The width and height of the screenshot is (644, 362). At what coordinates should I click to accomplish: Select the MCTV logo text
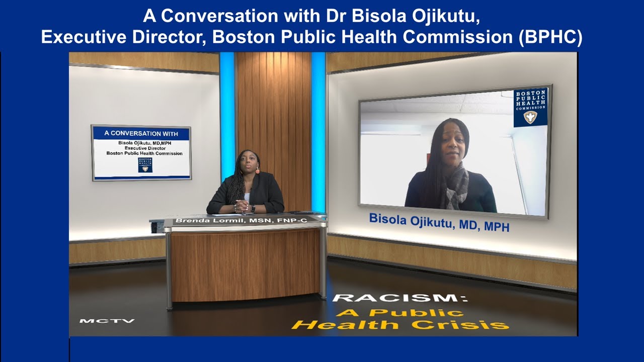(x=107, y=321)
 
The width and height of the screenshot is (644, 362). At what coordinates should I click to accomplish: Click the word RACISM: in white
(x=400, y=298)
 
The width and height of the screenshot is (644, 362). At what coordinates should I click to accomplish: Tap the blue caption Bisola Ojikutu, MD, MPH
(x=439, y=222)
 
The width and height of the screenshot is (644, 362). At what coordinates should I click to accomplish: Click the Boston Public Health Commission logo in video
(x=530, y=108)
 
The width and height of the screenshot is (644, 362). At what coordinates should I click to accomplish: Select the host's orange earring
(x=258, y=171)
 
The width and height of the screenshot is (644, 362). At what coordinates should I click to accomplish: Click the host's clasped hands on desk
(x=242, y=206)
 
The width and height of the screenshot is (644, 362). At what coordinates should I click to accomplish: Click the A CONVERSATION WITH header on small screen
(x=141, y=133)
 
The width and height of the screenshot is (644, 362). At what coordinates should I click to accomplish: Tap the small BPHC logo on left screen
(x=145, y=164)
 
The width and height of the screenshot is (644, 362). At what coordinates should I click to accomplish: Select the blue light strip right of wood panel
(x=318, y=126)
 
